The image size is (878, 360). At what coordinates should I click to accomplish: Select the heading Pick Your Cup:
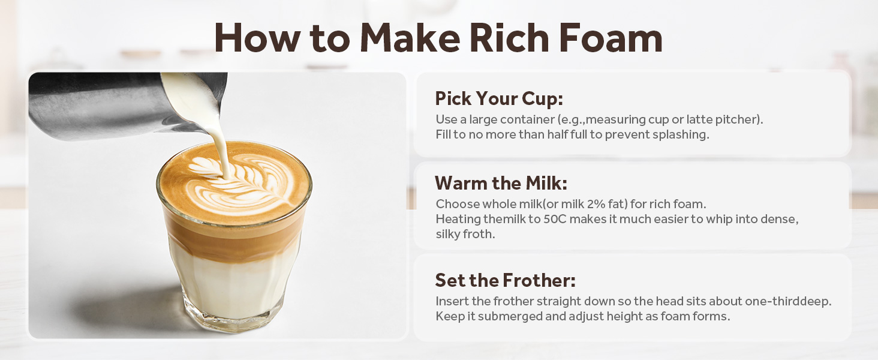[x=499, y=98]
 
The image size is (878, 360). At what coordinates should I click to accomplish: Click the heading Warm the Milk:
[x=501, y=182]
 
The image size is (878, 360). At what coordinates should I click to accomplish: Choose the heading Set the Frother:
[x=505, y=280]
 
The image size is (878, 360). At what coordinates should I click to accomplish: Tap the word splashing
[x=682, y=134]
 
